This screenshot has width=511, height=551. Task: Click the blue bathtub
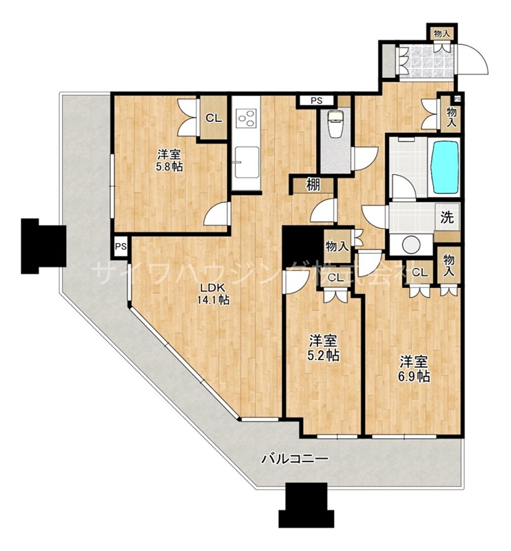click(x=444, y=167)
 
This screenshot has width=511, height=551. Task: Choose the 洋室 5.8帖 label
click(x=169, y=160)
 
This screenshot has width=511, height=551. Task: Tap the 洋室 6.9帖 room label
click(x=415, y=368)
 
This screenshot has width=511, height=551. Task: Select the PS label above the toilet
click(x=316, y=101)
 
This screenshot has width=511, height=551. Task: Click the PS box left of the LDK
click(x=121, y=246)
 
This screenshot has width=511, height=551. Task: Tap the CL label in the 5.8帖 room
click(x=213, y=118)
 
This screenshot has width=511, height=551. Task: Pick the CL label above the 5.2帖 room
click(x=336, y=278)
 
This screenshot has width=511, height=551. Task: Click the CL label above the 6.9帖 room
click(x=419, y=273)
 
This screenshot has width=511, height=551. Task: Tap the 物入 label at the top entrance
click(x=441, y=32)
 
